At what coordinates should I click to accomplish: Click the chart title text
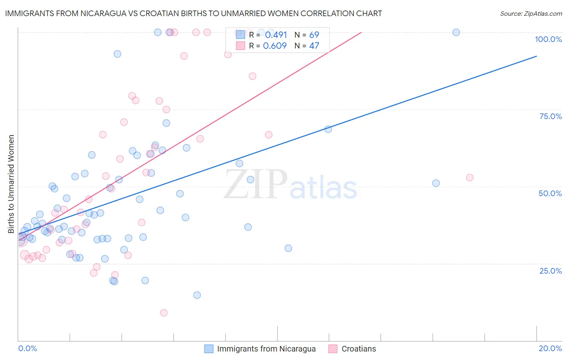(x=193, y=13)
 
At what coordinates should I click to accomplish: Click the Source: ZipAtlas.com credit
(x=531, y=14)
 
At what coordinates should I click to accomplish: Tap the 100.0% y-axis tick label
(x=548, y=39)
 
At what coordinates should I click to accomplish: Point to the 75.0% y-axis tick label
(x=550, y=116)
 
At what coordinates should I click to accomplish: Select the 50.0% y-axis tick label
(x=550, y=193)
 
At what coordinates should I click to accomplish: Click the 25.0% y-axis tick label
(x=550, y=271)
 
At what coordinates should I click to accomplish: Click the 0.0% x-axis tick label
(x=27, y=348)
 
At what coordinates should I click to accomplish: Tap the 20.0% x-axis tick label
(x=550, y=348)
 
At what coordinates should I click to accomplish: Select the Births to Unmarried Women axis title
(x=11, y=184)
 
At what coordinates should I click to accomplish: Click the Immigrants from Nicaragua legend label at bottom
(x=266, y=349)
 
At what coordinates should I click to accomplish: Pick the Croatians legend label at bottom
(x=359, y=349)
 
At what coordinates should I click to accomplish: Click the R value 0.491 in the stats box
(x=276, y=35)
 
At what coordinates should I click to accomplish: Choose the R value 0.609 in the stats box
(x=275, y=46)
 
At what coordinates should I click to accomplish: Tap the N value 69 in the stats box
(x=314, y=35)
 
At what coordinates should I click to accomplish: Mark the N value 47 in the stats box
(x=314, y=46)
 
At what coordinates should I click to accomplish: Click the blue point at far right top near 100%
(x=456, y=32)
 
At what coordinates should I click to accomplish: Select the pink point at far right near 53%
(x=469, y=178)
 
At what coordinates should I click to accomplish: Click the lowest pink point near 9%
(x=164, y=313)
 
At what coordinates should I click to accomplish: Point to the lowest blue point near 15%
(x=197, y=295)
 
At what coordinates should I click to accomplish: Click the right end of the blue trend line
(x=536, y=56)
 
